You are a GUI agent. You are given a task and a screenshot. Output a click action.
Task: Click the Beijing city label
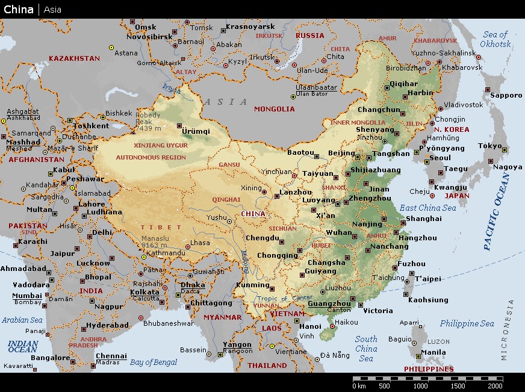click(341, 153)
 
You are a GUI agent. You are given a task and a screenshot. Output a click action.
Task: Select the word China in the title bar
click(19, 9)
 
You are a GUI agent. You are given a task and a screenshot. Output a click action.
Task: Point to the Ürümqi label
click(196, 131)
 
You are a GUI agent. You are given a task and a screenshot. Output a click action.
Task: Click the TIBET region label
click(161, 227)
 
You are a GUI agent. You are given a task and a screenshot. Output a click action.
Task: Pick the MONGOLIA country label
click(275, 109)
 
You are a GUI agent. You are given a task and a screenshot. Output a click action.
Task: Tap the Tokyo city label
click(489, 146)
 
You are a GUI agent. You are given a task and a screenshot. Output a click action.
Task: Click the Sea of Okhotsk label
click(496, 39)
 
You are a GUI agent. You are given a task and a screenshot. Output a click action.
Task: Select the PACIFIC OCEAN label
click(497, 211)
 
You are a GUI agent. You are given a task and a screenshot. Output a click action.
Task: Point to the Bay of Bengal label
click(154, 362)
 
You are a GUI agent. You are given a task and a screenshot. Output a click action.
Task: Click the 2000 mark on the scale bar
click(495, 386)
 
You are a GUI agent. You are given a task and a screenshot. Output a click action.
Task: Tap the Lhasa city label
click(200, 243)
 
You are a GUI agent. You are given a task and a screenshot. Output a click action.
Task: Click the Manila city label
click(434, 352)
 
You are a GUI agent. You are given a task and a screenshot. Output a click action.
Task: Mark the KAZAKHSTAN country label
click(74, 58)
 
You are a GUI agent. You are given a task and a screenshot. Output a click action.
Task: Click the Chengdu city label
click(262, 238)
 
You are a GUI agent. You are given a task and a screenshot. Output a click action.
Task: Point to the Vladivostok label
click(464, 104)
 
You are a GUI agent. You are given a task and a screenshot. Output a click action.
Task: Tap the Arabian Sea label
click(22, 320)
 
